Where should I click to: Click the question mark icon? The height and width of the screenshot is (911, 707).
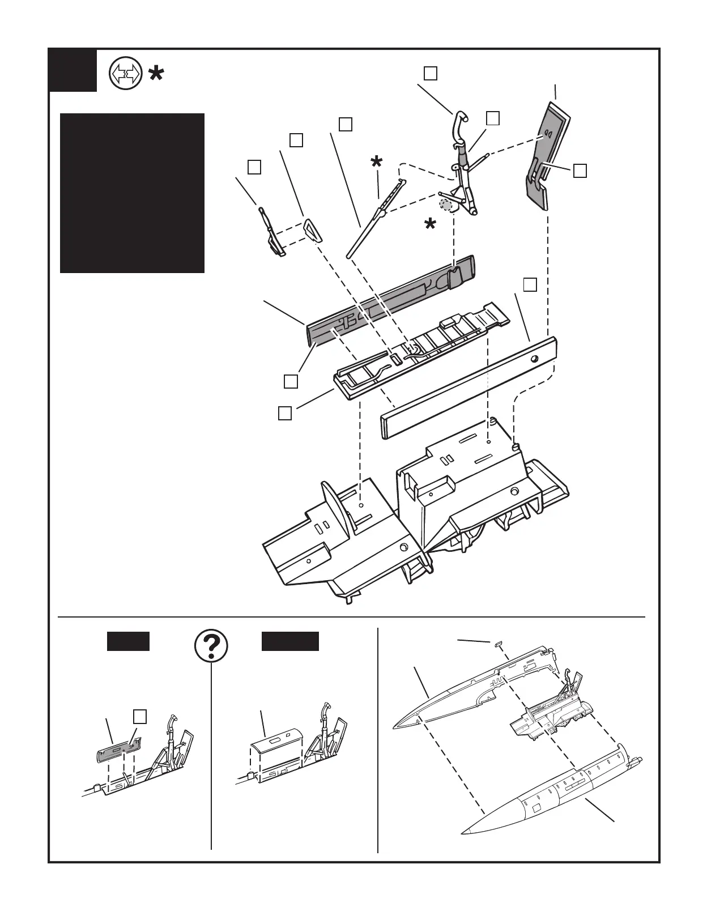211,646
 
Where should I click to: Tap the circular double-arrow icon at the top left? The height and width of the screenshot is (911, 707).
125,74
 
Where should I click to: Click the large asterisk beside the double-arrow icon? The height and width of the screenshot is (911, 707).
156,74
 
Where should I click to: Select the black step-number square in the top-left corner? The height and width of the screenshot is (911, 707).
73,70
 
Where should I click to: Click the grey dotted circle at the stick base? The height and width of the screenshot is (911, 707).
447,204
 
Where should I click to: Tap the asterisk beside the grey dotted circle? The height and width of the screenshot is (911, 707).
431,224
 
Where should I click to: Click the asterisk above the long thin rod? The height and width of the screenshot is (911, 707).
376,162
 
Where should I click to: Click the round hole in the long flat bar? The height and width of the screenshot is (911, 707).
534,359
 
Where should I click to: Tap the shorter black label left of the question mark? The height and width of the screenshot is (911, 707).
128,641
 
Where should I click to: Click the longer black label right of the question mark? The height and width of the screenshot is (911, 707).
290,641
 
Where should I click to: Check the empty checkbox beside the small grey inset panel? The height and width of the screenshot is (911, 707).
141,716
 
